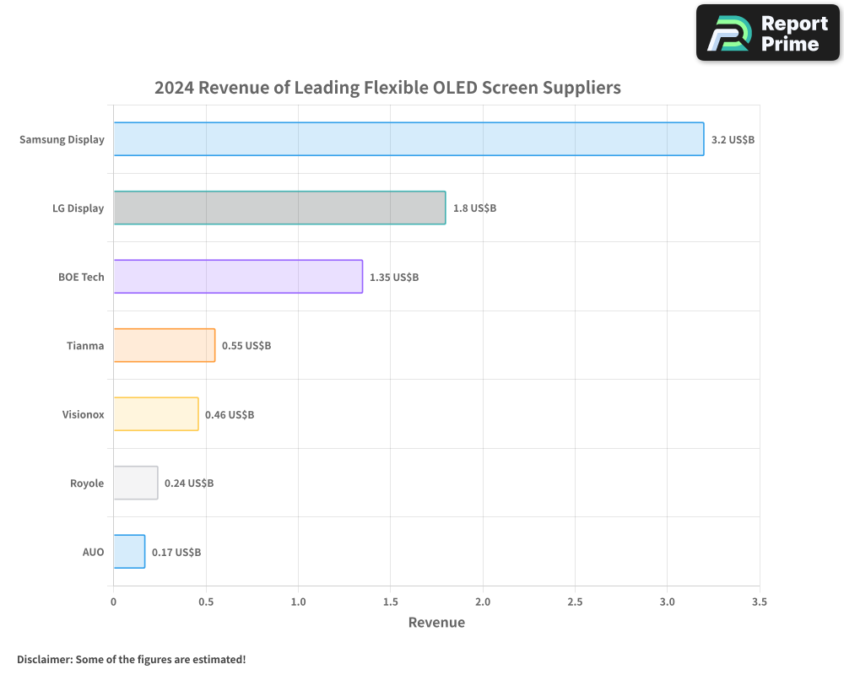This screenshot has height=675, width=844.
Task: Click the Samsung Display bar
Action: coord(408,139)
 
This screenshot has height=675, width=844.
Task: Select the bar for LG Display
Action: coord(279,208)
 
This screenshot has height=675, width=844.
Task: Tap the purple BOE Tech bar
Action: coord(238,277)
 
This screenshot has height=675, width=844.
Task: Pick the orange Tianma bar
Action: coord(165,345)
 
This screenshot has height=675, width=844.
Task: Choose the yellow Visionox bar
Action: coord(156,414)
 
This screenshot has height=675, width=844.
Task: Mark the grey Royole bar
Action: coord(136,483)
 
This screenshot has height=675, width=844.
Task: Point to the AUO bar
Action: coord(129,552)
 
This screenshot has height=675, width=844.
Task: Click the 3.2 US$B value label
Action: coord(733,139)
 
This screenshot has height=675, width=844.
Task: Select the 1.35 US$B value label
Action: coord(394,277)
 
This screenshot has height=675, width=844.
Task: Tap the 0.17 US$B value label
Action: coord(176,552)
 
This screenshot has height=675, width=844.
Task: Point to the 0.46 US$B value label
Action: coord(230,414)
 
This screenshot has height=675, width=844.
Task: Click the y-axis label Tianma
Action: coord(85,345)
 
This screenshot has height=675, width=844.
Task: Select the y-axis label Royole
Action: coord(87,483)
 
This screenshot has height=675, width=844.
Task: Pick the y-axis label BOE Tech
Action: coord(81,277)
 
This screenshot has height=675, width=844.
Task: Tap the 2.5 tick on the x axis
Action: coord(575,602)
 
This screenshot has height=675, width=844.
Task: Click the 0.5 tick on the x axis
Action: coord(206,602)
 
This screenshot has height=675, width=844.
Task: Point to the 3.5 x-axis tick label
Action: coord(759,602)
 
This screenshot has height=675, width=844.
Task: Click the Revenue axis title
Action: coord(436,623)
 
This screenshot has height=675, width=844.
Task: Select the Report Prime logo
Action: coord(768,33)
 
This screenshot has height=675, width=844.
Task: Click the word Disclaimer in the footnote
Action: coord(43,659)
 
